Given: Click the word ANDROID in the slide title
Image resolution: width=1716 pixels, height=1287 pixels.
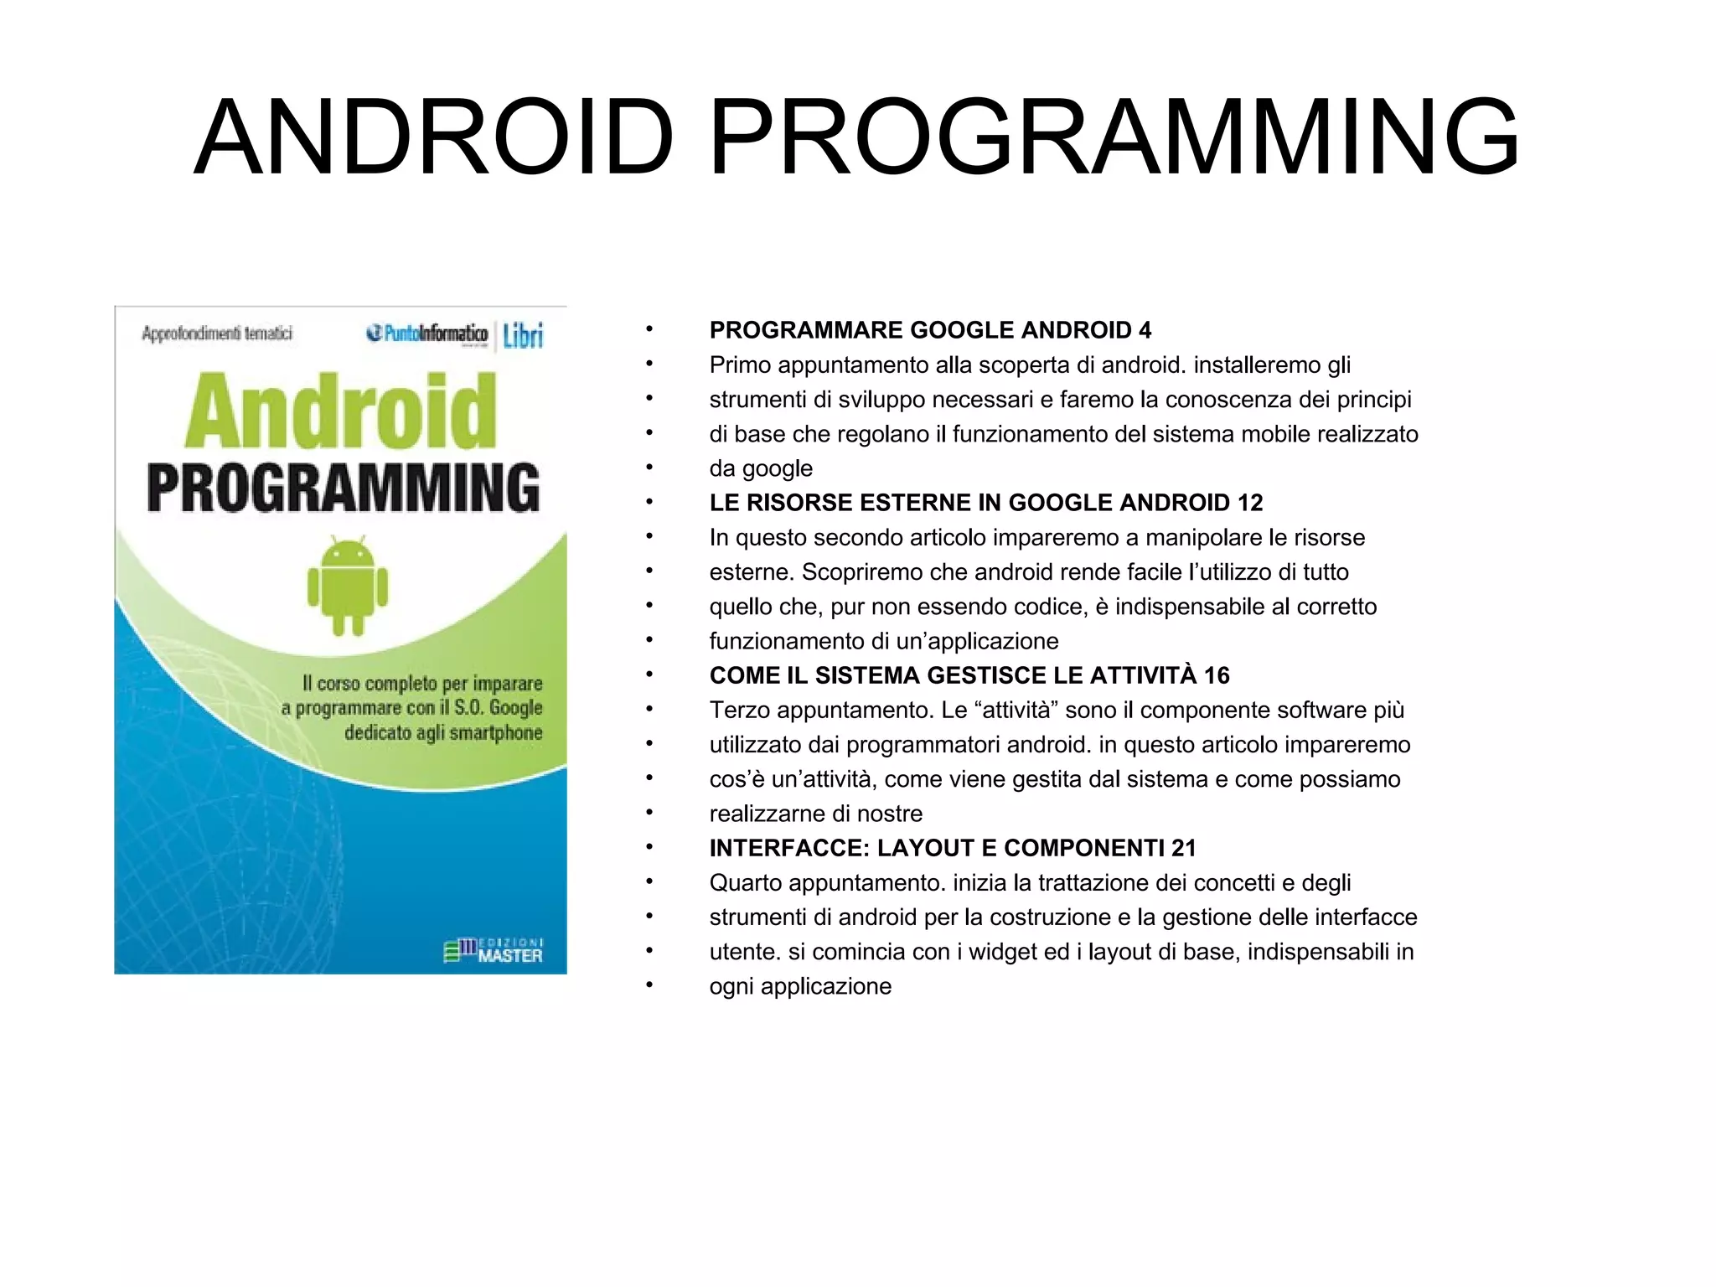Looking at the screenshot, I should tap(434, 138).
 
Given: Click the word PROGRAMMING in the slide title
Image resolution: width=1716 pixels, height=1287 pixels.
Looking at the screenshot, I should tap(1114, 138).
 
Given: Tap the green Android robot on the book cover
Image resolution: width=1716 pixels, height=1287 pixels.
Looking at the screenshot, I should tap(348, 587).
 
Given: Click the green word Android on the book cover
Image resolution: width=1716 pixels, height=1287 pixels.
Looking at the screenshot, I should tap(341, 412).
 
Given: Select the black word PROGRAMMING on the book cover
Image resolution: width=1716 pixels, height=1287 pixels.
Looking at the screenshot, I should tap(344, 488).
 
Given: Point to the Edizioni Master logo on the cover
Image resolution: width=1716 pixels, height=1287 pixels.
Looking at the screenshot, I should tap(494, 951).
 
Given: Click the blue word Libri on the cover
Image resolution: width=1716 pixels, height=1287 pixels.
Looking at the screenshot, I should tap(523, 336).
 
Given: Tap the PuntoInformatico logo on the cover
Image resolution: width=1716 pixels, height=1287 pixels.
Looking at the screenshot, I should tap(427, 333).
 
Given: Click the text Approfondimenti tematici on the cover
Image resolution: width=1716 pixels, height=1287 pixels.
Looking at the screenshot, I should tap(217, 333).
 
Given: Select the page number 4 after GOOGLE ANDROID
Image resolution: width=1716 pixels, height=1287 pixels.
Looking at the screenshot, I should tap(1145, 330).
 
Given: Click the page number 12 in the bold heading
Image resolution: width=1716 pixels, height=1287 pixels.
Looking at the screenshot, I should tap(1249, 503).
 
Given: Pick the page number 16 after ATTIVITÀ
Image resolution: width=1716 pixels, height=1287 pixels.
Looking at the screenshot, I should tap(1217, 675).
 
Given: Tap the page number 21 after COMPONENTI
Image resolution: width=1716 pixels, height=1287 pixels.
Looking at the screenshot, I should tap(1183, 848).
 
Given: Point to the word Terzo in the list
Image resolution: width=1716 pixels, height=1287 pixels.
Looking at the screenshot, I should tap(739, 711).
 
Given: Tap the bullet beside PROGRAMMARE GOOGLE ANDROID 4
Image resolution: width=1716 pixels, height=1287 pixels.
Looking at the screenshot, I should tap(649, 330).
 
